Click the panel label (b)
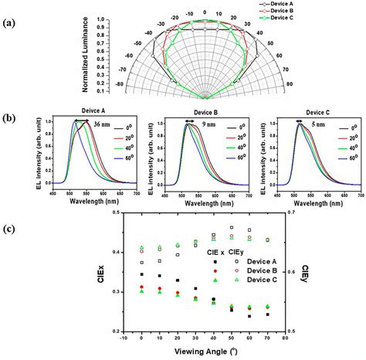click(10, 121)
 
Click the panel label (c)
click(10, 226)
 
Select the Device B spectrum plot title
click(196, 110)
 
